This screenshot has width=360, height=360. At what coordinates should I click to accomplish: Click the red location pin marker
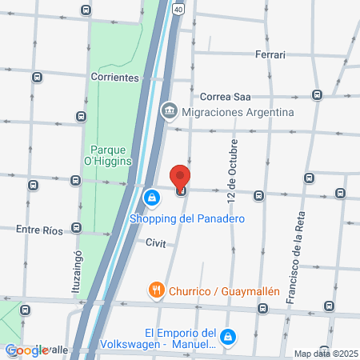coord(181,177)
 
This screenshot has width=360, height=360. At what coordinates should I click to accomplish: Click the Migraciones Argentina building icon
coord(169,111)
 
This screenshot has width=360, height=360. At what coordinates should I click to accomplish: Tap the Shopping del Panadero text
coord(186,218)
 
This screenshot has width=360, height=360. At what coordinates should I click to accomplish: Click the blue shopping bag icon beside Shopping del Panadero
coord(150,197)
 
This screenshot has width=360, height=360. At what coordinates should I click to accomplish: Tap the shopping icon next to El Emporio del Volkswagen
coord(230,338)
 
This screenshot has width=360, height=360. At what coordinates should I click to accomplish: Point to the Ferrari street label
coord(270,54)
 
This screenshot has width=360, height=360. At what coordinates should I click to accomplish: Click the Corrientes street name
coord(115,78)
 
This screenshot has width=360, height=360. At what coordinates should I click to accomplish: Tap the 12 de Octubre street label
coord(232,175)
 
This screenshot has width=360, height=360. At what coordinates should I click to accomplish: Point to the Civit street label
coord(155,243)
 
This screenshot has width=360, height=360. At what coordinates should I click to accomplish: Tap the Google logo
coord(26,350)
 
